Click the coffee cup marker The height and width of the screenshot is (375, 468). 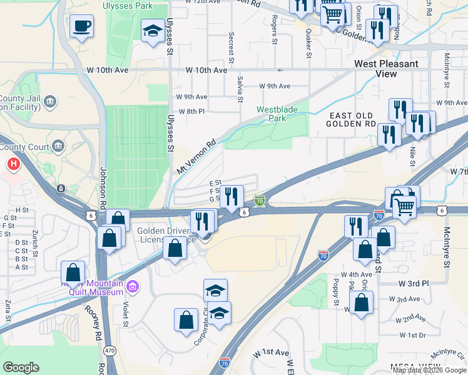(x=81, y=27)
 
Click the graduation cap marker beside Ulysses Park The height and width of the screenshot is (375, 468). (x=153, y=31)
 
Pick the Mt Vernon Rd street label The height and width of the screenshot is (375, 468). (x=196, y=156)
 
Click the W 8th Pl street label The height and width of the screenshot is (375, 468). (x=191, y=111)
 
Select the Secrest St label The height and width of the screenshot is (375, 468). (x=231, y=47)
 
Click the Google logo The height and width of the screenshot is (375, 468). (x=21, y=367)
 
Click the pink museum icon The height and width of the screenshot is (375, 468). (x=132, y=287)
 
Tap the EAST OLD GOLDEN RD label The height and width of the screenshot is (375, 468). (x=350, y=119)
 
